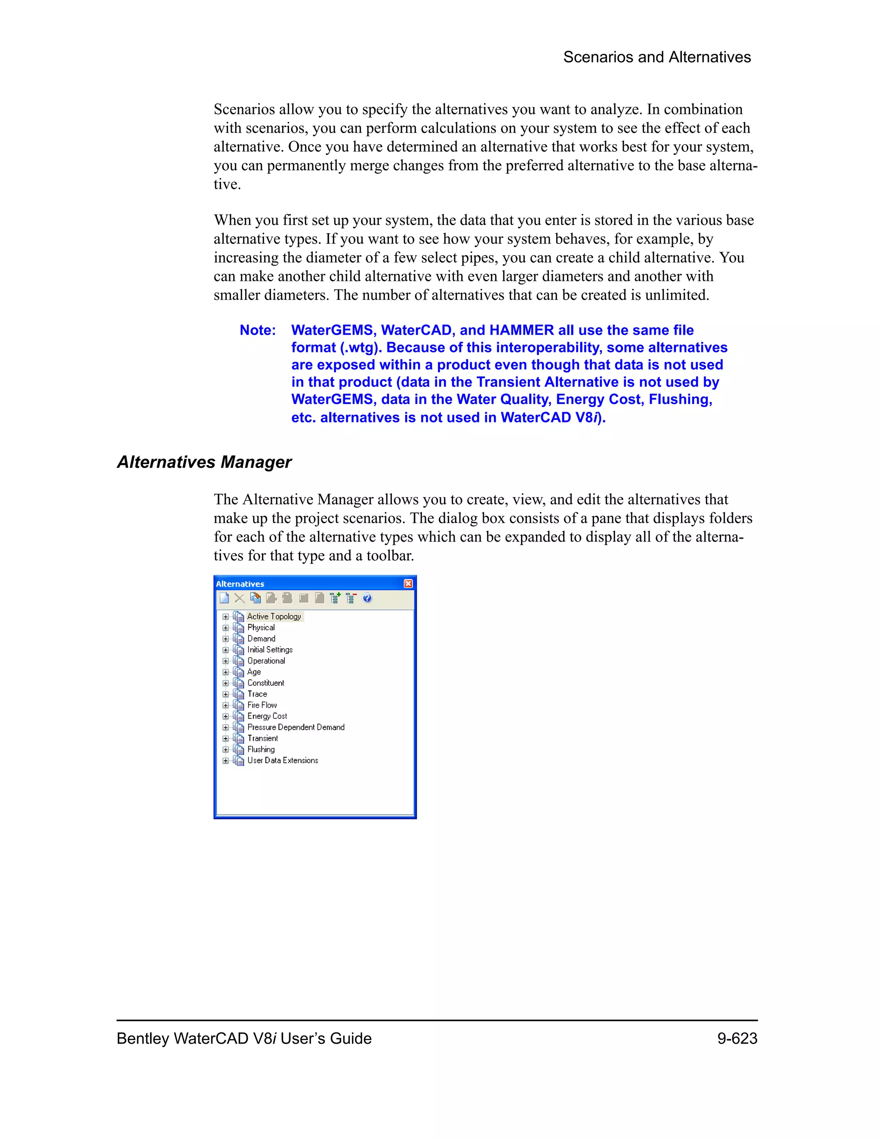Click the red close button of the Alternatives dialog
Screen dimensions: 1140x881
click(408, 584)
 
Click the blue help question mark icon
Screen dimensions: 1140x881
click(367, 598)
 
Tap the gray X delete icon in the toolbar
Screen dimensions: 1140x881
click(240, 598)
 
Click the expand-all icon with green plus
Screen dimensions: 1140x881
click(335, 598)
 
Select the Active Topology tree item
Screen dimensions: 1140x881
click(274, 616)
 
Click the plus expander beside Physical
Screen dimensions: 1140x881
click(225, 628)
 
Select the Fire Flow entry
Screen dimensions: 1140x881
click(262, 705)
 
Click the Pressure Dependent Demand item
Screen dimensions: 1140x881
click(296, 727)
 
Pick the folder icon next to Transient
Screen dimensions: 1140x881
click(238, 739)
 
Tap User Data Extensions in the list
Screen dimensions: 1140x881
click(282, 761)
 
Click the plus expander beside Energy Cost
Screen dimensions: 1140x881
click(225, 717)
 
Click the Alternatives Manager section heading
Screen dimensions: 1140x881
click(204, 462)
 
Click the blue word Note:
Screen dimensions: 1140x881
click(257, 330)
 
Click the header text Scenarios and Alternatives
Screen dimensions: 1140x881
click(656, 57)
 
